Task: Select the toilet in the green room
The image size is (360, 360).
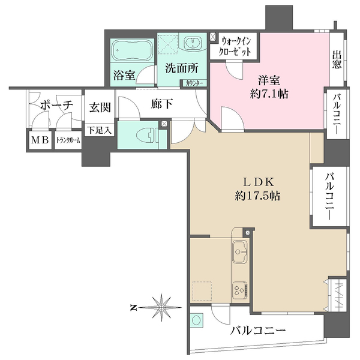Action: click(144, 134)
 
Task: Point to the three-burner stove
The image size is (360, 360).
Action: click(240, 290)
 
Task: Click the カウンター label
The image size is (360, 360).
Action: click(194, 83)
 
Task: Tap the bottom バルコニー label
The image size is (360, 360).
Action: click(258, 331)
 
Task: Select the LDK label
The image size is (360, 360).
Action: click(259, 180)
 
